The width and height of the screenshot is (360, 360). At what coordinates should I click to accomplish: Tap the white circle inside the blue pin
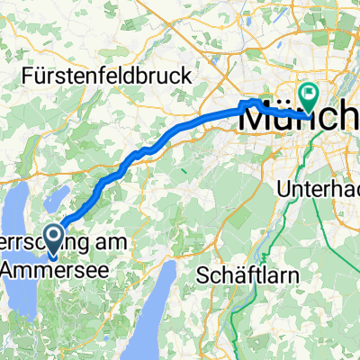(x=53, y=235)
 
